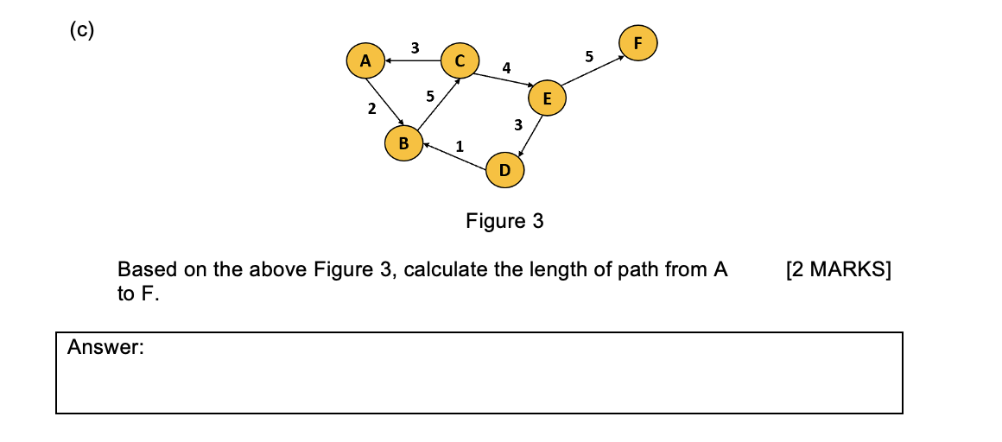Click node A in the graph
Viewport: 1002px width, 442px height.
pyautogui.click(x=365, y=61)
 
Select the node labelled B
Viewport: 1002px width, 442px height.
pyautogui.click(x=403, y=142)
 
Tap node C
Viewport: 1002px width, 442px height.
pyautogui.click(x=460, y=60)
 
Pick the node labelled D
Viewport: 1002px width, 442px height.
pyautogui.click(x=504, y=170)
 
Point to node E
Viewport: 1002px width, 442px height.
pyautogui.click(x=547, y=98)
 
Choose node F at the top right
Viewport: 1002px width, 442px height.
pyautogui.click(x=638, y=42)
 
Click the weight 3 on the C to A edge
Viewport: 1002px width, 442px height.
pyautogui.click(x=415, y=47)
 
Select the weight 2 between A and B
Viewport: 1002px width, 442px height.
pyautogui.click(x=371, y=109)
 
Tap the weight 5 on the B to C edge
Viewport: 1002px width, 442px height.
pyautogui.click(x=429, y=97)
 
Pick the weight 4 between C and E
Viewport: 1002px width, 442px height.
pyautogui.click(x=506, y=67)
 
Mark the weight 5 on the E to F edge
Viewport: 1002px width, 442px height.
pyautogui.click(x=589, y=57)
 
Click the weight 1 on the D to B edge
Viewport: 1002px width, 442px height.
pyautogui.click(x=460, y=146)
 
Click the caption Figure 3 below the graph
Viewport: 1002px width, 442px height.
pyautogui.click(x=504, y=222)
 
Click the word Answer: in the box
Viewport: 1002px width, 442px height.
pyautogui.click(x=105, y=348)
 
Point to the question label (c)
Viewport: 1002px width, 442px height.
pyautogui.click(x=82, y=30)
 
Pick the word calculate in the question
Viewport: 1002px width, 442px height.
pyautogui.click(x=445, y=270)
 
